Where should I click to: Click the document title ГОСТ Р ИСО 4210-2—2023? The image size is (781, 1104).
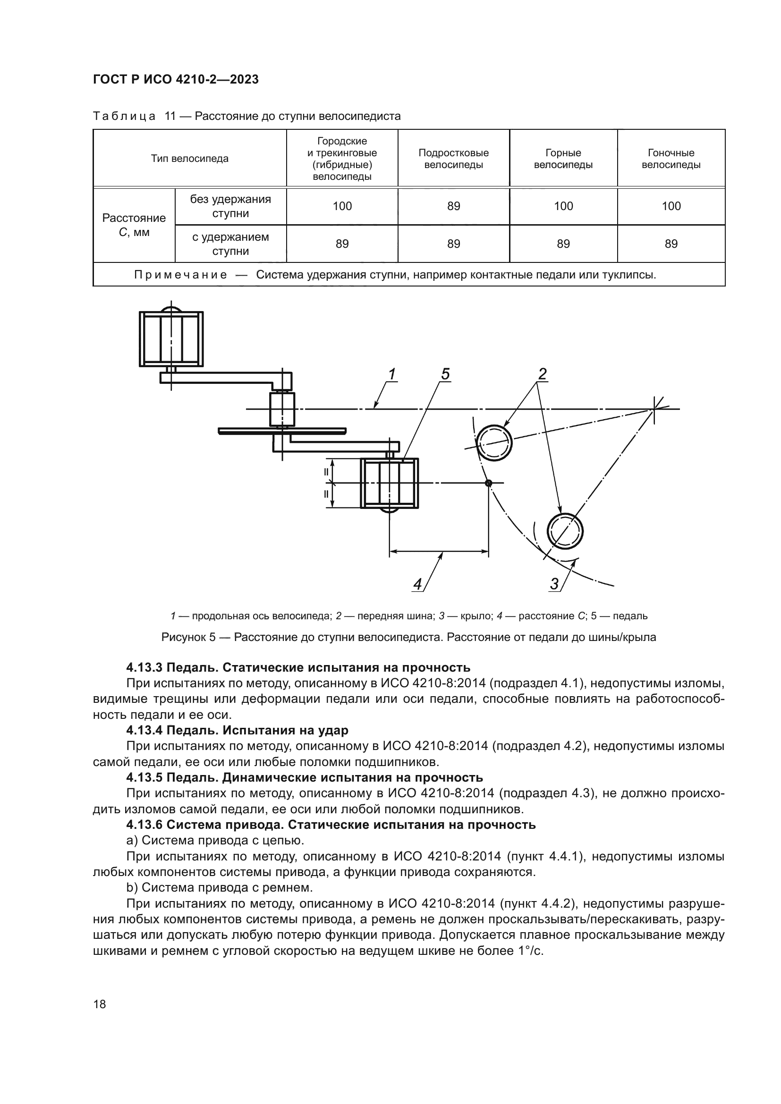(x=176, y=79)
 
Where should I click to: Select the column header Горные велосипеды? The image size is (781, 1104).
(x=563, y=159)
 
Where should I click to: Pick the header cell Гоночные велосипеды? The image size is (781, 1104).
(x=671, y=159)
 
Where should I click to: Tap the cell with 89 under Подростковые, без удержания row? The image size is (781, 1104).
(x=453, y=206)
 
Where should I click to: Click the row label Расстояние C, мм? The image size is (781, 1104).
(x=134, y=225)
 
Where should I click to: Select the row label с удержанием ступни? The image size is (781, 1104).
(x=230, y=244)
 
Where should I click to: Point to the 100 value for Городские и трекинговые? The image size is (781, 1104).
(x=342, y=206)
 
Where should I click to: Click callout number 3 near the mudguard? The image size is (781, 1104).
(x=554, y=584)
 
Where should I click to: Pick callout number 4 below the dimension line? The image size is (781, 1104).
(x=417, y=584)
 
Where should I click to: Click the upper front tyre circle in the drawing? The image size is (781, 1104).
(x=494, y=442)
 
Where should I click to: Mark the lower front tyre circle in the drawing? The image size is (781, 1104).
(x=565, y=531)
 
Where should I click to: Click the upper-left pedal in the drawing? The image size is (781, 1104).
(x=171, y=338)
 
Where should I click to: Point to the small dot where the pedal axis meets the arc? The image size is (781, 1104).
(x=489, y=483)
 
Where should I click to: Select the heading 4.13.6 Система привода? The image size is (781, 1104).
(x=331, y=825)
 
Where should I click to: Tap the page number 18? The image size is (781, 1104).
(x=100, y=1004)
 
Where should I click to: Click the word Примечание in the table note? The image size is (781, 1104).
(x=180, y=275)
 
